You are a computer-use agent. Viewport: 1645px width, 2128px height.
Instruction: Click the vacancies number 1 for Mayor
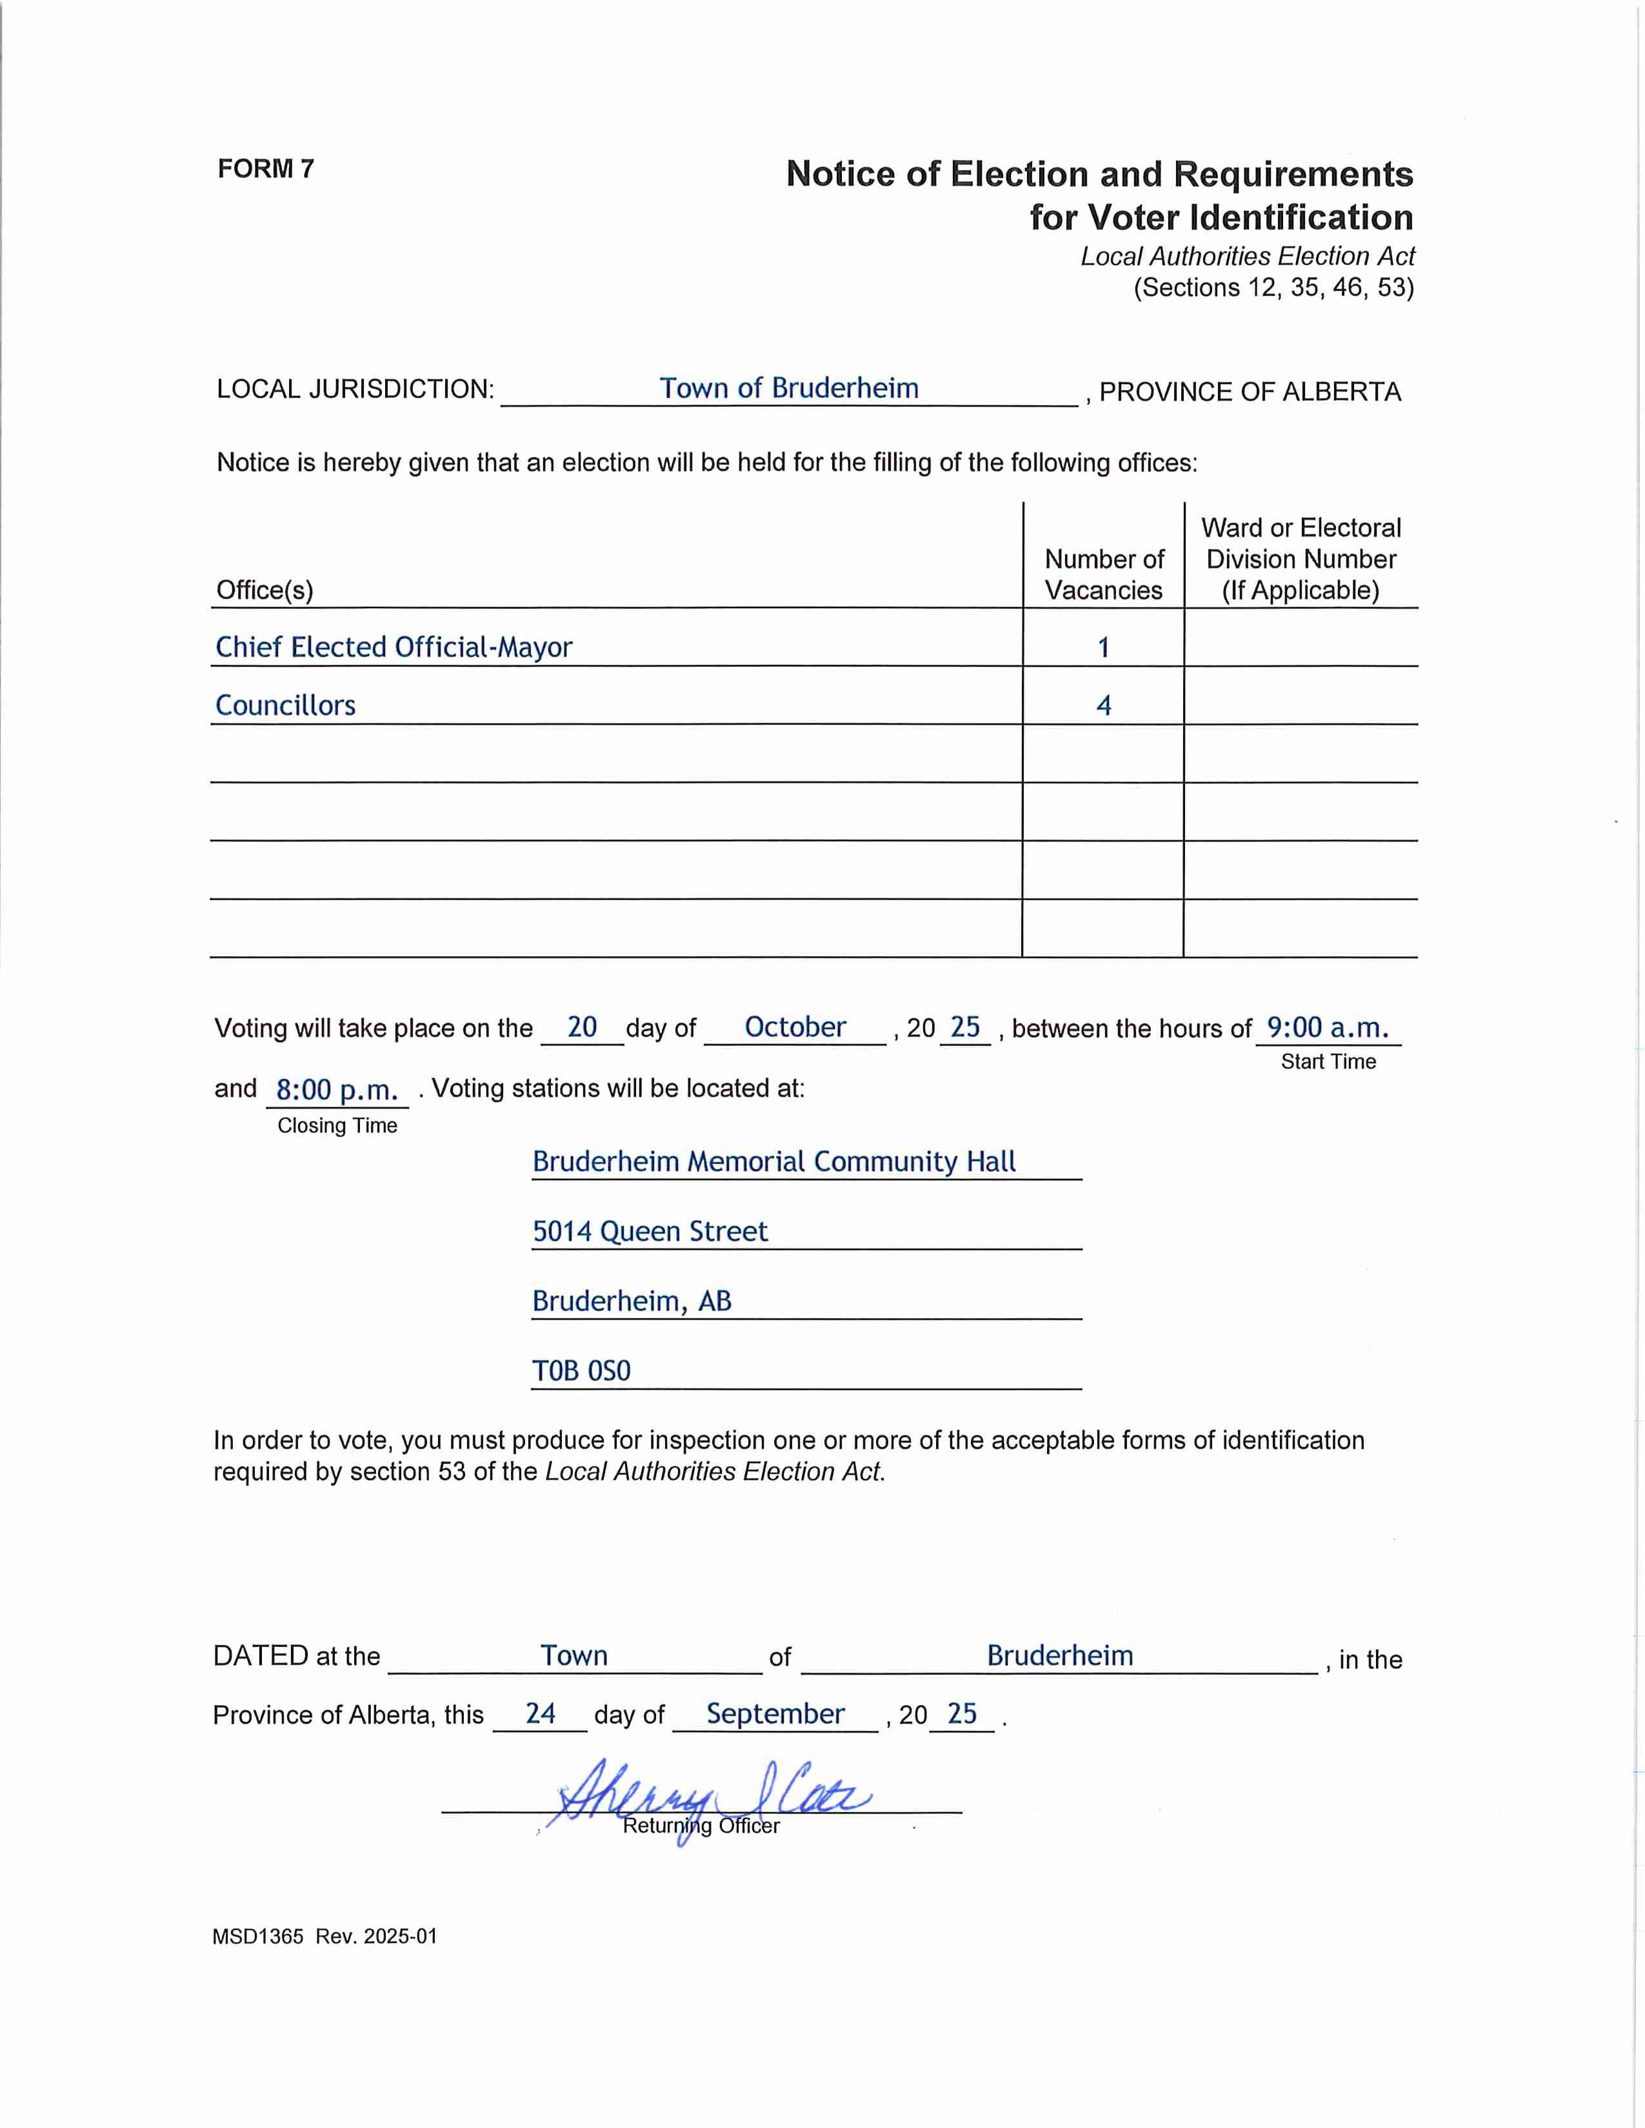tap(1103, 648)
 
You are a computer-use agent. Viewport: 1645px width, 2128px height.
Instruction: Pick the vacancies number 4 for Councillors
tap(1103, 705)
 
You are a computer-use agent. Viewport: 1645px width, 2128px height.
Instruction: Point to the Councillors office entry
tap(286, 705)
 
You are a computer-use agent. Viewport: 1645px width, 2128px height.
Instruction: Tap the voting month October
tap(795, 1027)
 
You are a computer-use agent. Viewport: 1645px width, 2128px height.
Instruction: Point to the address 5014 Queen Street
tap(650, 1232)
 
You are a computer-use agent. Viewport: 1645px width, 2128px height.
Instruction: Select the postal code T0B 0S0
tap(582, 1371)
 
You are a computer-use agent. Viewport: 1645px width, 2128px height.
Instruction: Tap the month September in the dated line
tap(775, 1714)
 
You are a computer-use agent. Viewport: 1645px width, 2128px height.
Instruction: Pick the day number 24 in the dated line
tap(540, 1714)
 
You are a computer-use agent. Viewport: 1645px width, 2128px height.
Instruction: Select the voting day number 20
tap(582, 1027)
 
